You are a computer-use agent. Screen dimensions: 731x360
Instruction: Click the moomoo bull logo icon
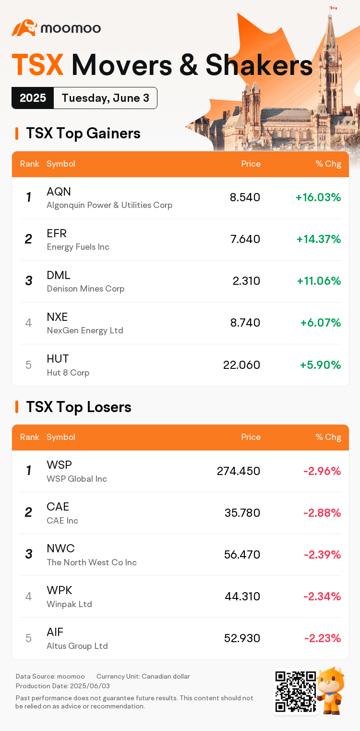click(24, 28)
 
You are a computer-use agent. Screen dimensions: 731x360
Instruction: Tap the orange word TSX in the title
click(38, 65)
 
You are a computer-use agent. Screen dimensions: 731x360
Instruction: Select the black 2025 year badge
click(33, 98)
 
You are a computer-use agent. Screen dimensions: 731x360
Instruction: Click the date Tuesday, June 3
click(105, 98)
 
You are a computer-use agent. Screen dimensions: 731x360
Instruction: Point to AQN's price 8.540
click(245, 197)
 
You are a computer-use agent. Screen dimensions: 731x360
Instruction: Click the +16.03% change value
click(318, 197)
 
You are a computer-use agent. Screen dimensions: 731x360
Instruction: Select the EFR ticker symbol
click(57, 233)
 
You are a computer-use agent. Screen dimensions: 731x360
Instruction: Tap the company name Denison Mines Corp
click(85, 289)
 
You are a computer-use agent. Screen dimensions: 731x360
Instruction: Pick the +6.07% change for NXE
click(321, 323)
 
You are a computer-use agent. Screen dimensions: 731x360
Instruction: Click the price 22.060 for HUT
click(241, 365)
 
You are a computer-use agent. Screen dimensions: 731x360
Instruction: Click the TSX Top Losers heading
click(79, 407)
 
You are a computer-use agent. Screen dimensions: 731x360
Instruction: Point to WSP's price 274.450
click(239, 471)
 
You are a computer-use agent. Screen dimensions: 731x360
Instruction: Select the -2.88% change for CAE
click(322, 513)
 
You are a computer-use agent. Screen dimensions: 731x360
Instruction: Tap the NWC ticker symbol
click(60, 548)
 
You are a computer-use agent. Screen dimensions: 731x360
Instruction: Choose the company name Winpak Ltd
click(69, 604)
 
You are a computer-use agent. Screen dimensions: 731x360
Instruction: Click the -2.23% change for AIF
click(323, 638)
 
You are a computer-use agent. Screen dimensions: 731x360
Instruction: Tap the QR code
click(295, 692)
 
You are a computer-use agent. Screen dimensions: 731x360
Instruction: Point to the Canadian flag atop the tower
click(334, 8)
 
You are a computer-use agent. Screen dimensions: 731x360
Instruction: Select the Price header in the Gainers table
click(251, 164)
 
